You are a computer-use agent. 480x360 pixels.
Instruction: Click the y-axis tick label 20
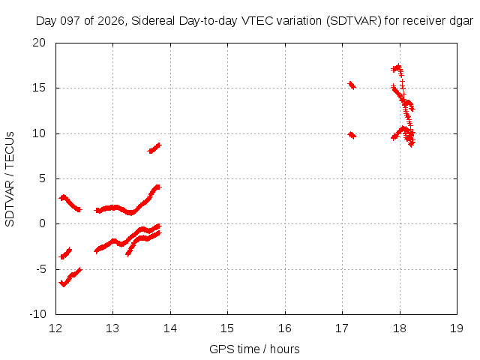pyautogui.click(x=39, y=43)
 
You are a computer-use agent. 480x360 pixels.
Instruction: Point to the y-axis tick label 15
pyautogui.click(x=39, y=88)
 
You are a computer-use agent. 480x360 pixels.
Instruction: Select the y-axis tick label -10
pyautogui.click(x=37, y=313)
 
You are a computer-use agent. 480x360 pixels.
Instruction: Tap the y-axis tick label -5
pyautogui.click(x=40, y=269)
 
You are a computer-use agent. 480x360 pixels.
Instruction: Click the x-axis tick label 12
pyautogui.click(x=55, y=328)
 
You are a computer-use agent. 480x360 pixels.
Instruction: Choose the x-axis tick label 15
pyautogui.click(x=228, y=328)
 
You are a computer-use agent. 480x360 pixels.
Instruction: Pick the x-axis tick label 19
pyautogui.click(x=457, y=328)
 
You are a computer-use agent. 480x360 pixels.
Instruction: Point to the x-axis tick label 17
pyautogui.click(x=342, y=328)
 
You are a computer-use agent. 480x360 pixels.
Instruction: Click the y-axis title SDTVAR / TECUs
pyautogui.click(x=10, y=179)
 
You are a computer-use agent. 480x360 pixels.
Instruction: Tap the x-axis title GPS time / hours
pyautogui.click(x=254, y=349)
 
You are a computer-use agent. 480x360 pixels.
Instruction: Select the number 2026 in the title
pyautogui.click(x=111, y=21)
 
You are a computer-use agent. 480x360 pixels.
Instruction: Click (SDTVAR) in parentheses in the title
pyautogui.click(x=354, y=21)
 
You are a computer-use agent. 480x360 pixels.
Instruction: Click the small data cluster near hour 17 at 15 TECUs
pyautogui.click(x=352, y=85)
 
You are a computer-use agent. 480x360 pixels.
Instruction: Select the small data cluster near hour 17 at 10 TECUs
pyautogui.click(x=352, y=135)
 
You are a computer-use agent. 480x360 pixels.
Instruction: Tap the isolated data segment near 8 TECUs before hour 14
pyautogui.click(x=154, y=148)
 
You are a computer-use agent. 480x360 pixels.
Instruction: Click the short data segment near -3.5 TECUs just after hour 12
pyautogui.click(x=65, y=253)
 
